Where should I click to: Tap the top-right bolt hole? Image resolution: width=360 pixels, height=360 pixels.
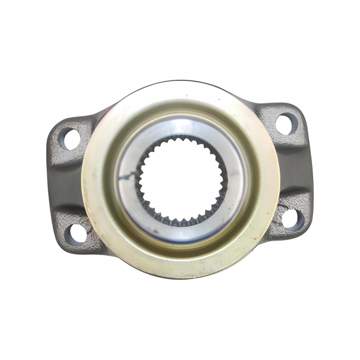click(286, 124)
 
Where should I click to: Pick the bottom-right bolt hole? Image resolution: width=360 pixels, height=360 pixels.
click(292, 217)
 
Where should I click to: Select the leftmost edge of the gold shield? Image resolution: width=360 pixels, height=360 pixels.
click(82, 183)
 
